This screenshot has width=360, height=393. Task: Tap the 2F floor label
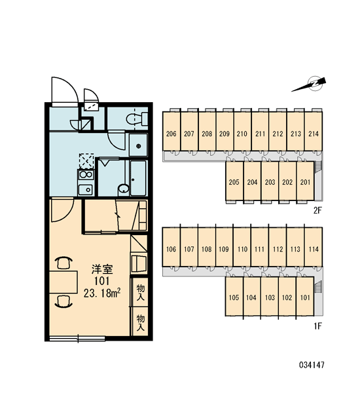click(x=317, y=210)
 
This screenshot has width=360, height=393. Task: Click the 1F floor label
click(x=317, y=326)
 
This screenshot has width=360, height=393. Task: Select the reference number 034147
click(x=312, y=365)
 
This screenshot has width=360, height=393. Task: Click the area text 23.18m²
click(x=102, y=293)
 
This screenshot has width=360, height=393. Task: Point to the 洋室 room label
click(x=102, y=269)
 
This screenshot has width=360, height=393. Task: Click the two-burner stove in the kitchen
click(x=86, y=175)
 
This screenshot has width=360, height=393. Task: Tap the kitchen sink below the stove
click(x=86, y=189)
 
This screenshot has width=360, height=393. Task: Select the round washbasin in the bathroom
click(x=123, y=189)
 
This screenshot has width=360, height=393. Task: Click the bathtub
click(x=138, y=178)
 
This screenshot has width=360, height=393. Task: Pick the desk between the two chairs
click(x=63, y=282)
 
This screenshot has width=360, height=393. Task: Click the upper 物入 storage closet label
click(x=141, y=293)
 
